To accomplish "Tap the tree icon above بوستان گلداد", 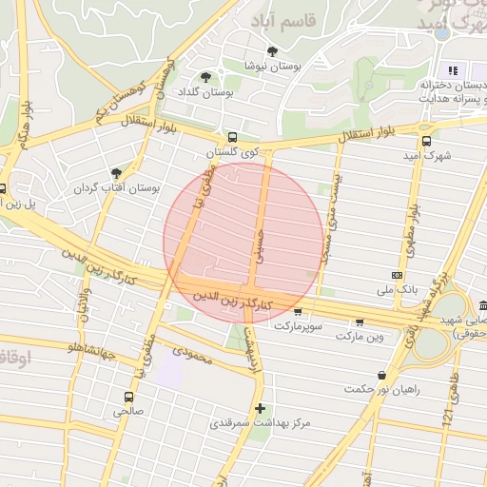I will click(x=206, y=77).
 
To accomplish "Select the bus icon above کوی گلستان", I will click(x=233, y=137).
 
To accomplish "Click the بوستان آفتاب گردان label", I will click(x=117, y=188).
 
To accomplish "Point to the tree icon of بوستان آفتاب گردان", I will click(x=116, y=173).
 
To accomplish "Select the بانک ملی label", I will click(x=398, y=287).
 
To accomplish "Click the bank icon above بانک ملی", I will click(x=398, y=274).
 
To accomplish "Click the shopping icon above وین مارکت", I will click(x=359, y=321).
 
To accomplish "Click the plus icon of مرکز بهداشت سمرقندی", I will click(x=260, y=407).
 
